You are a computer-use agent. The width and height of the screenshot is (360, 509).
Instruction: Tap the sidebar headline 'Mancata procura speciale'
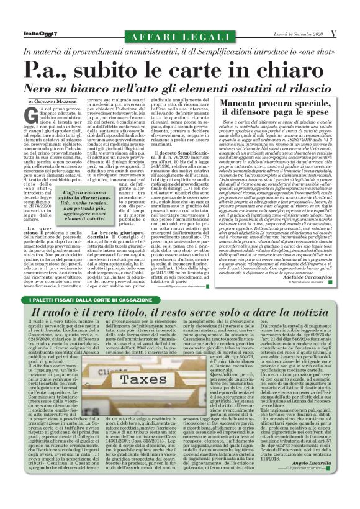pos(282,107)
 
